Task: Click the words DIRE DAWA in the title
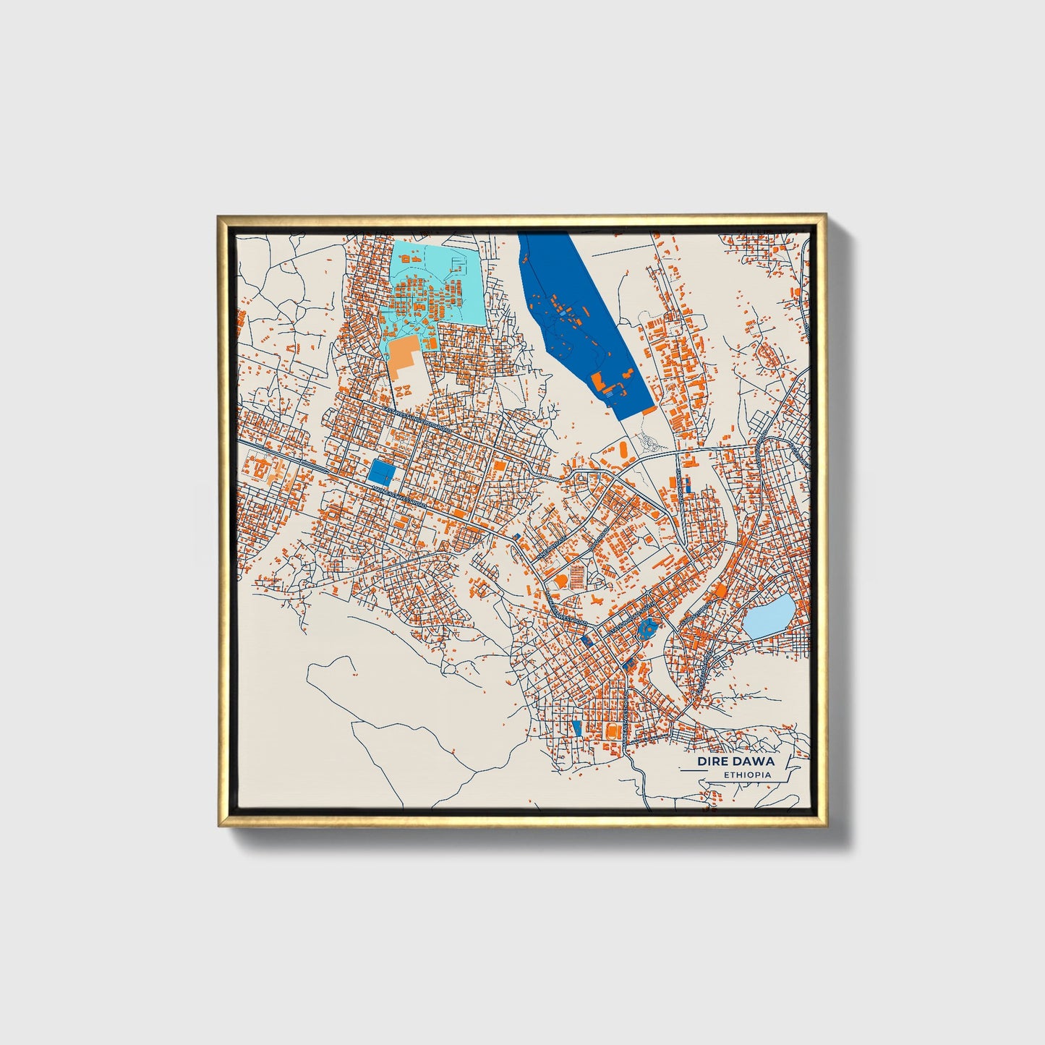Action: (735, 762)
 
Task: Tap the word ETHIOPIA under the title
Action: (747, 775)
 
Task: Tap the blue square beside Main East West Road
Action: (381, 473)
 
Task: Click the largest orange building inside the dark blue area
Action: (599, 381)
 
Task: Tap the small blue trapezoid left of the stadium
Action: (576, 725)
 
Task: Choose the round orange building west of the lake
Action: (720, 591)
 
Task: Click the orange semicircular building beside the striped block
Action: (560, 581)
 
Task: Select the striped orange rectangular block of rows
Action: (578, 576)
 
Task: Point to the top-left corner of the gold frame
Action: (219, 216)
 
